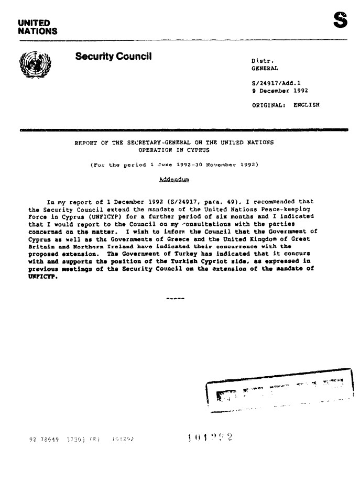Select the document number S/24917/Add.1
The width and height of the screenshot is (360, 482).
(276, 83)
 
